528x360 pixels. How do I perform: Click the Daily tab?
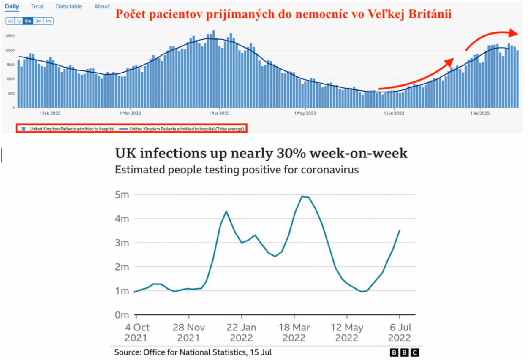pos(12,6)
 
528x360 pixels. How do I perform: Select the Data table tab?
pos(69,6)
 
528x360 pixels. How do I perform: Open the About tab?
pos(102,6)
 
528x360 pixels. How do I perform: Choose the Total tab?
pos(37,6)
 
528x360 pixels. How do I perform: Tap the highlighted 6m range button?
pos(28,21)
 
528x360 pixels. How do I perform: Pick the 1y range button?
pos(19,21)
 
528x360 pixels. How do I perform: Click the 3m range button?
pos(38,21)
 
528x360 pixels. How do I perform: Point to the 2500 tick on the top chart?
pos(10,36)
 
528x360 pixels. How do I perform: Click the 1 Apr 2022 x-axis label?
pos(219,113)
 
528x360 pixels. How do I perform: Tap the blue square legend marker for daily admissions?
pos(24,129)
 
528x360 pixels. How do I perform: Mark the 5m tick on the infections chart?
pos(122,195)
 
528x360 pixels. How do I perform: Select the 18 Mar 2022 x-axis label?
pos(294,333)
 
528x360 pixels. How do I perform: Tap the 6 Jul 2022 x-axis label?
pos(400,333)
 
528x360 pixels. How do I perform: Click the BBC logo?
pos(404,352)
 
